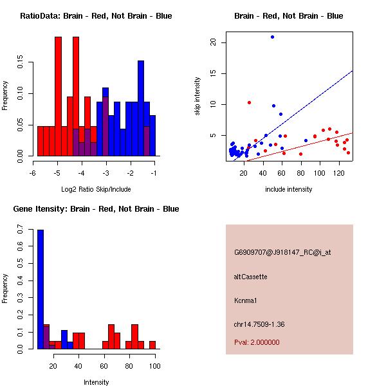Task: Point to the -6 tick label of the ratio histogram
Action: (33, 173)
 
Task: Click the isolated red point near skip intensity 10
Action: (249, 102)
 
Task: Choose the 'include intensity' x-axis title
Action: (289, 189)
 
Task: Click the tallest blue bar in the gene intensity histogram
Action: (40, 289)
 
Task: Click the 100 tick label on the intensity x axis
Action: (153, 366)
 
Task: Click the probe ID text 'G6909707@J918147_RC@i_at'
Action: (282, 253)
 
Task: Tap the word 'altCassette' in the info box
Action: (251, 277)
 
